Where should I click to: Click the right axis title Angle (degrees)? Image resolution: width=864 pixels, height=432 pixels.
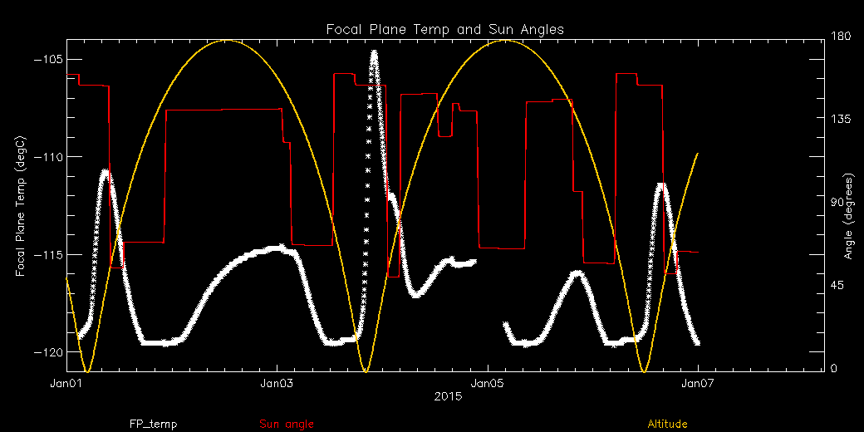tap(848, 216)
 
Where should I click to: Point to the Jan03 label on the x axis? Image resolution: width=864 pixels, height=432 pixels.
tap(277, 383)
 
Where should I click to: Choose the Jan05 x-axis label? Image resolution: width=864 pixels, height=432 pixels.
tap(487, 383)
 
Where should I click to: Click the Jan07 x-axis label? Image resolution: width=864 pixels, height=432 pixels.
tap(698, 383)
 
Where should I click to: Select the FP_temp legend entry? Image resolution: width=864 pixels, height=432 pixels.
tap(153, 425)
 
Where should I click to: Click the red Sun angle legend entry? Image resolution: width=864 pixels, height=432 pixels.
tap(287, 425)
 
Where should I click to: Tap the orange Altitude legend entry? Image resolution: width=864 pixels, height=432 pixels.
tap(666, 425)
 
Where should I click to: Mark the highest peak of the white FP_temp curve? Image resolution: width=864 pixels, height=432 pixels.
tap(375, 52)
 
